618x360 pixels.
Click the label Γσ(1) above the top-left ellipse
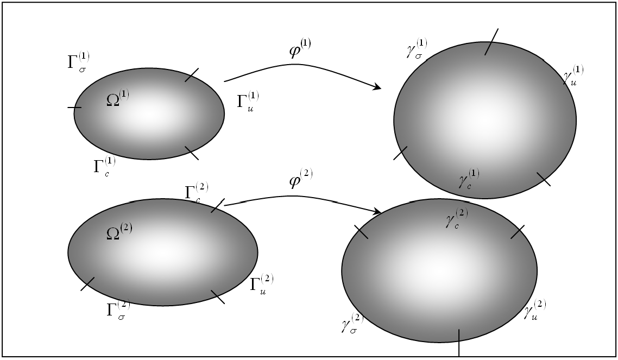(x=78, y=62)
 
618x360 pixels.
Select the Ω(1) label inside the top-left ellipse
(x=118, y=98)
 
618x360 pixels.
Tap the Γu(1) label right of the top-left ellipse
(x=248, y=101)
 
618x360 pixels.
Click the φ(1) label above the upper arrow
(x=300, y=48)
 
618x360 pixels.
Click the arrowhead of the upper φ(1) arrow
(x=377, y=86)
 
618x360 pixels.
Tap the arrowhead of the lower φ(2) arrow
(x=377, y=212)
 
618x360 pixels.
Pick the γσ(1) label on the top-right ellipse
(x=417, y=48)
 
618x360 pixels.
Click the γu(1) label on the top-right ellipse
(x=573, y=75)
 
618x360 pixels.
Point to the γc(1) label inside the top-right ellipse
(x=469, y=179)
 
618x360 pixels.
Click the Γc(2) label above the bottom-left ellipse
(x=197, y=192)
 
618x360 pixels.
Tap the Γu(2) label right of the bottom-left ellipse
(x=262, y=284)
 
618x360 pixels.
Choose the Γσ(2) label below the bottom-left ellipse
(x=118, y=310)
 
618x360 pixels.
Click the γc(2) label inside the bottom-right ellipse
(x=457, y=218)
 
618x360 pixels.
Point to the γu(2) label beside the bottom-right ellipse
(x=535, y=309)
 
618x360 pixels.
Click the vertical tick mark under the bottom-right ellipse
(x=459, y=342)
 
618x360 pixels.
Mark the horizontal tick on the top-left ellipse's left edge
(x=74, y=107)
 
